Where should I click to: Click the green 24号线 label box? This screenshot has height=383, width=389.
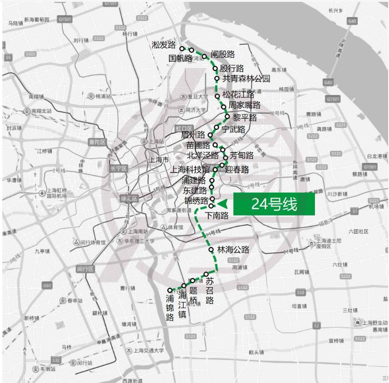(274, 204)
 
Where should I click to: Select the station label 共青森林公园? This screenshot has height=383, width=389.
(246, 79)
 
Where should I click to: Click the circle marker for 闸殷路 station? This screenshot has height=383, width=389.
(204, 57)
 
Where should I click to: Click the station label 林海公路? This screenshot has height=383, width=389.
(233, 250)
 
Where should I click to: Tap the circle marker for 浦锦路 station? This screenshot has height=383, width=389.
(170, 290)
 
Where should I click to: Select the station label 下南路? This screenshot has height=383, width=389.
(217, 215)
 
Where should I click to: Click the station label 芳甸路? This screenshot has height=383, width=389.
(242, 155)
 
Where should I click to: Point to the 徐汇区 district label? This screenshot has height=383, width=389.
(129, 198)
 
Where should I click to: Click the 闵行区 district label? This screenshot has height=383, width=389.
(86, 269)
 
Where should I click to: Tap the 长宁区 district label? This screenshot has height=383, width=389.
(118, 168)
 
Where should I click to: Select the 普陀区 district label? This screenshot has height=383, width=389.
(98, 142)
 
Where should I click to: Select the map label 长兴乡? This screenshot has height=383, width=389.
(335, 10)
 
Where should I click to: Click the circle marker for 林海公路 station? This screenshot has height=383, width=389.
(211, 250)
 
